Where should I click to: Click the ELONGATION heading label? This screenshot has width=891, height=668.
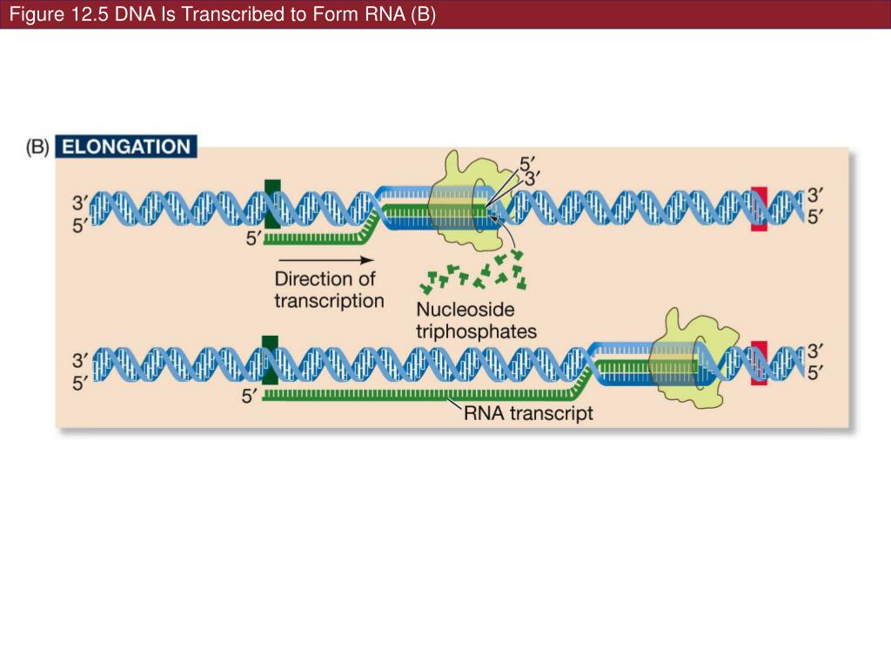pos(126,146)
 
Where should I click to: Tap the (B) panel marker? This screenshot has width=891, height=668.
pos(37,147)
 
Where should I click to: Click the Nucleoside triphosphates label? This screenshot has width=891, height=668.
pos(475,320)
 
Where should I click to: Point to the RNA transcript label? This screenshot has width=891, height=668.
pos(528,412)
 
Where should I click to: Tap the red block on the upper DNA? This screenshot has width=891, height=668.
pos(759,209)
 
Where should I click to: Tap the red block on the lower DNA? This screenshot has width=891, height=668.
pos(760,363)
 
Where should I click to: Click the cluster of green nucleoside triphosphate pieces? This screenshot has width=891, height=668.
pos(473,271)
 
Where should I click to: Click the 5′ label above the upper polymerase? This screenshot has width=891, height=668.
pos(527,163)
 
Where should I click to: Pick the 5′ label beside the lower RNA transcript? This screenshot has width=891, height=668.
pos(251,397)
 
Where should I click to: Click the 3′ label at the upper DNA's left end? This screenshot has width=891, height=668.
pos(79,203)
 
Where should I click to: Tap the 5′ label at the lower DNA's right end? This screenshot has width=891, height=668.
pos(814,372)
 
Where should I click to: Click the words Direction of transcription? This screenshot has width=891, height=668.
pos(329,290)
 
